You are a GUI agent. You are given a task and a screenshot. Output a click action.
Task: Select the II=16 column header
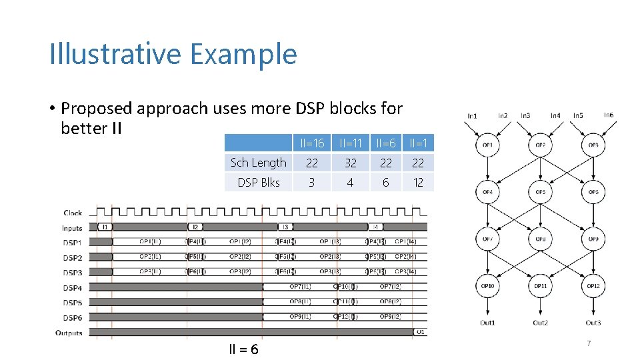311,143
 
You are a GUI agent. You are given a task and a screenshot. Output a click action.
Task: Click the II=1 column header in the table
418,143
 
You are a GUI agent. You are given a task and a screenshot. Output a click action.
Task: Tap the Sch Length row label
258,163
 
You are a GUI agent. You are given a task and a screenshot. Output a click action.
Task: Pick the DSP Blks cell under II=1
418,182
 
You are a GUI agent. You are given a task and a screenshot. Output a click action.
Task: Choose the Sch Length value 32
350,163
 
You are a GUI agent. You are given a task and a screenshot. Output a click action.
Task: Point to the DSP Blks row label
258,182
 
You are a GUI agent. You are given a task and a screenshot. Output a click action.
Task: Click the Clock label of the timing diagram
73,213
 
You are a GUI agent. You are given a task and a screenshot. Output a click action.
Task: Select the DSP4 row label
73,287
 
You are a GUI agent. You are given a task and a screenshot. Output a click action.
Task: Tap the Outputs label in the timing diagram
69,333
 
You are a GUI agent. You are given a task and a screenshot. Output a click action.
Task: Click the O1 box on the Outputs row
420,331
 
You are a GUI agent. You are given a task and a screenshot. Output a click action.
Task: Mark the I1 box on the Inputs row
105,227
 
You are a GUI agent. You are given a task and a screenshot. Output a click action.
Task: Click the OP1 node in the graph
487,145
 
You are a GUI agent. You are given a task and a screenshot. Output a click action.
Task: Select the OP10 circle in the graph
487,286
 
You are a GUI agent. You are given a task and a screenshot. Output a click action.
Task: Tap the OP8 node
541,238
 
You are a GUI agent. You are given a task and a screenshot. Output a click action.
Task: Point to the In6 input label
608,115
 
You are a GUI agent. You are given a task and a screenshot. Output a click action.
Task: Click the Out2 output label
540,323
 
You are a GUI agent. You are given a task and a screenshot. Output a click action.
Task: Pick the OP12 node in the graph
593,286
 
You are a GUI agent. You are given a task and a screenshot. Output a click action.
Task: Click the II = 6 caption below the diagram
244,350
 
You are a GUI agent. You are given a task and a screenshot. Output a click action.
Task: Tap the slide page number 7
588,343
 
